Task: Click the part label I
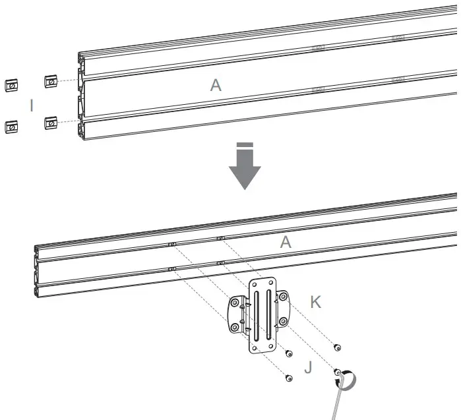click(31, 105)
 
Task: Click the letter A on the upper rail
click(216, 85)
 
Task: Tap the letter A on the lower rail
click(285, 243)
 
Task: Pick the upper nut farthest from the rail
click(12, 84)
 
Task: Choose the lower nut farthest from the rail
click(12, 125)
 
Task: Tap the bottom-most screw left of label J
click(288, 378)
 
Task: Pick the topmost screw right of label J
click(338, 347)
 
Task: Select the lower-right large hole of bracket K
click(282, 322)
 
